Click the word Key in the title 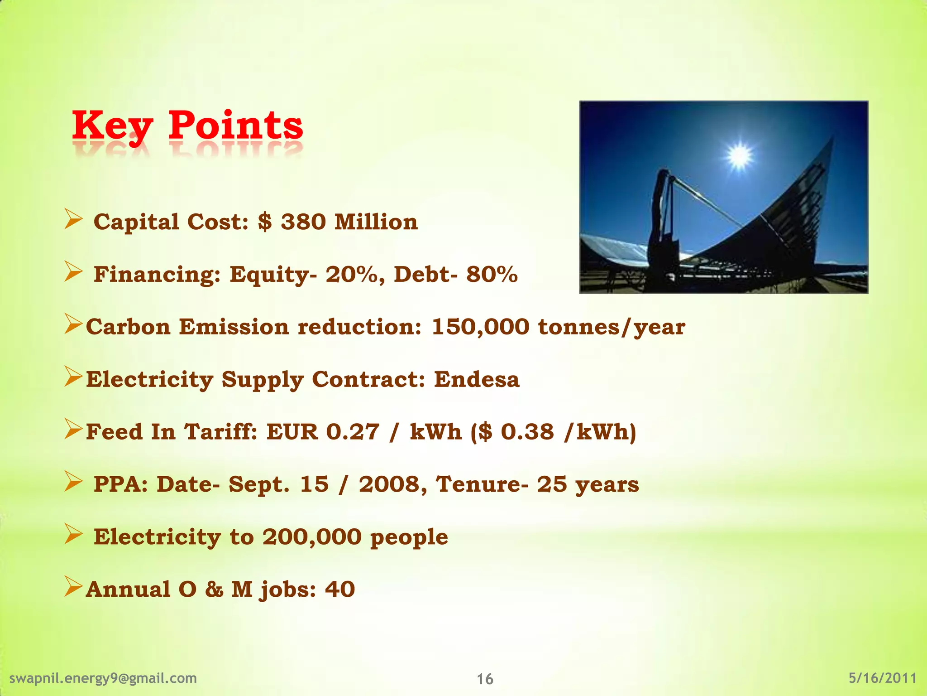[112, 126]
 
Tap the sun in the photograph [739, 156]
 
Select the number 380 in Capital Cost [303, 222]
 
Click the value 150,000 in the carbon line [480, 327]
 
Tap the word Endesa [477, 380]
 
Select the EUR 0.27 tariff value [322, 432]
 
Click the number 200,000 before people [312, 537]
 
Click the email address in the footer [103, 678]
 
